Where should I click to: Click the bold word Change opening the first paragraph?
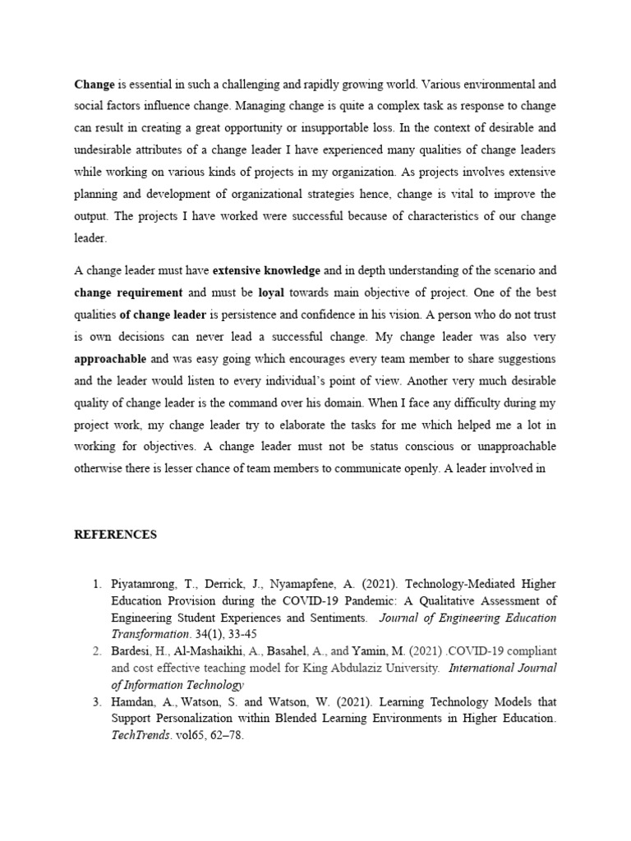(94, 84)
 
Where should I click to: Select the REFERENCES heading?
(115, 535)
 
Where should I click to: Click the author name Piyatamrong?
(146, 586)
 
